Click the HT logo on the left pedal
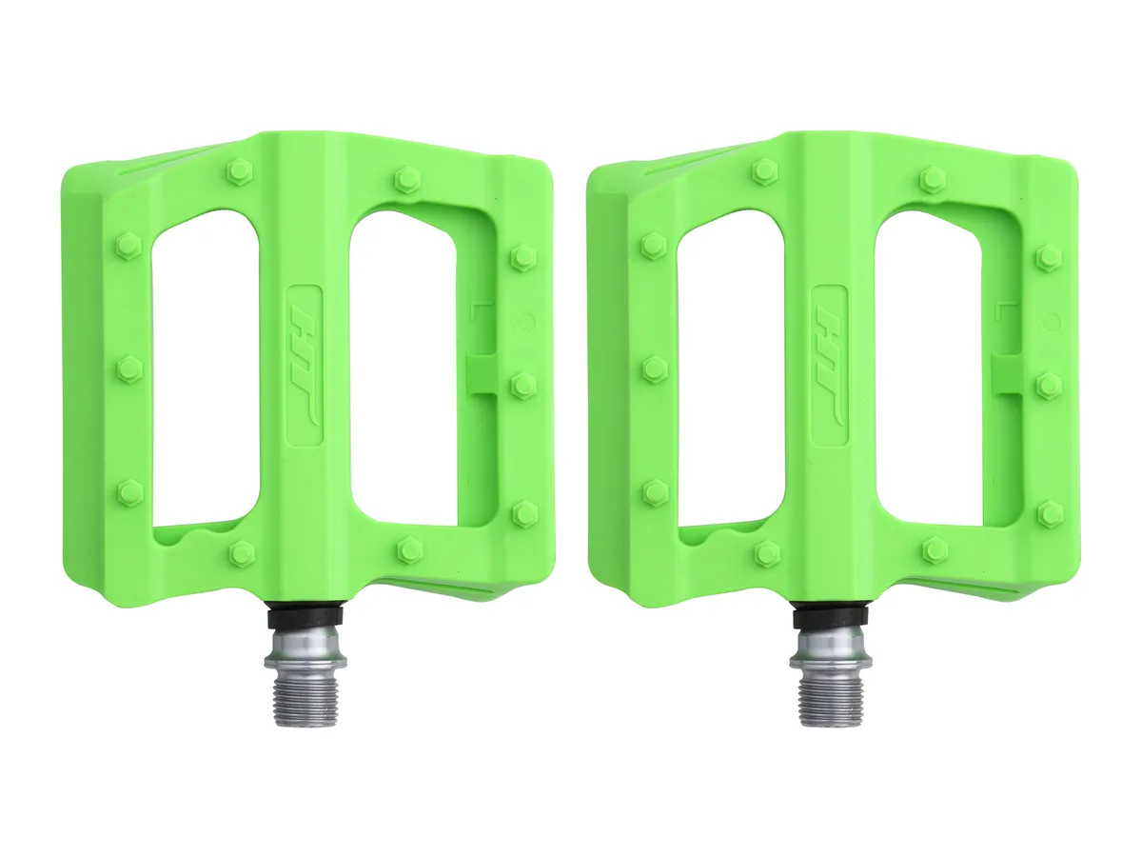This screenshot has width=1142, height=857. (x=305, y=366)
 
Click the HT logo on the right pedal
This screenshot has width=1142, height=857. (x=830, y=366)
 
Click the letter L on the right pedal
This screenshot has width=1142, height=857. (x=1000, y=310)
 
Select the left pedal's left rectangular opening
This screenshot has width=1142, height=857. (x=206, y=369)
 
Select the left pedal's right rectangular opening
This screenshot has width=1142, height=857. (x=404, y=370)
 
